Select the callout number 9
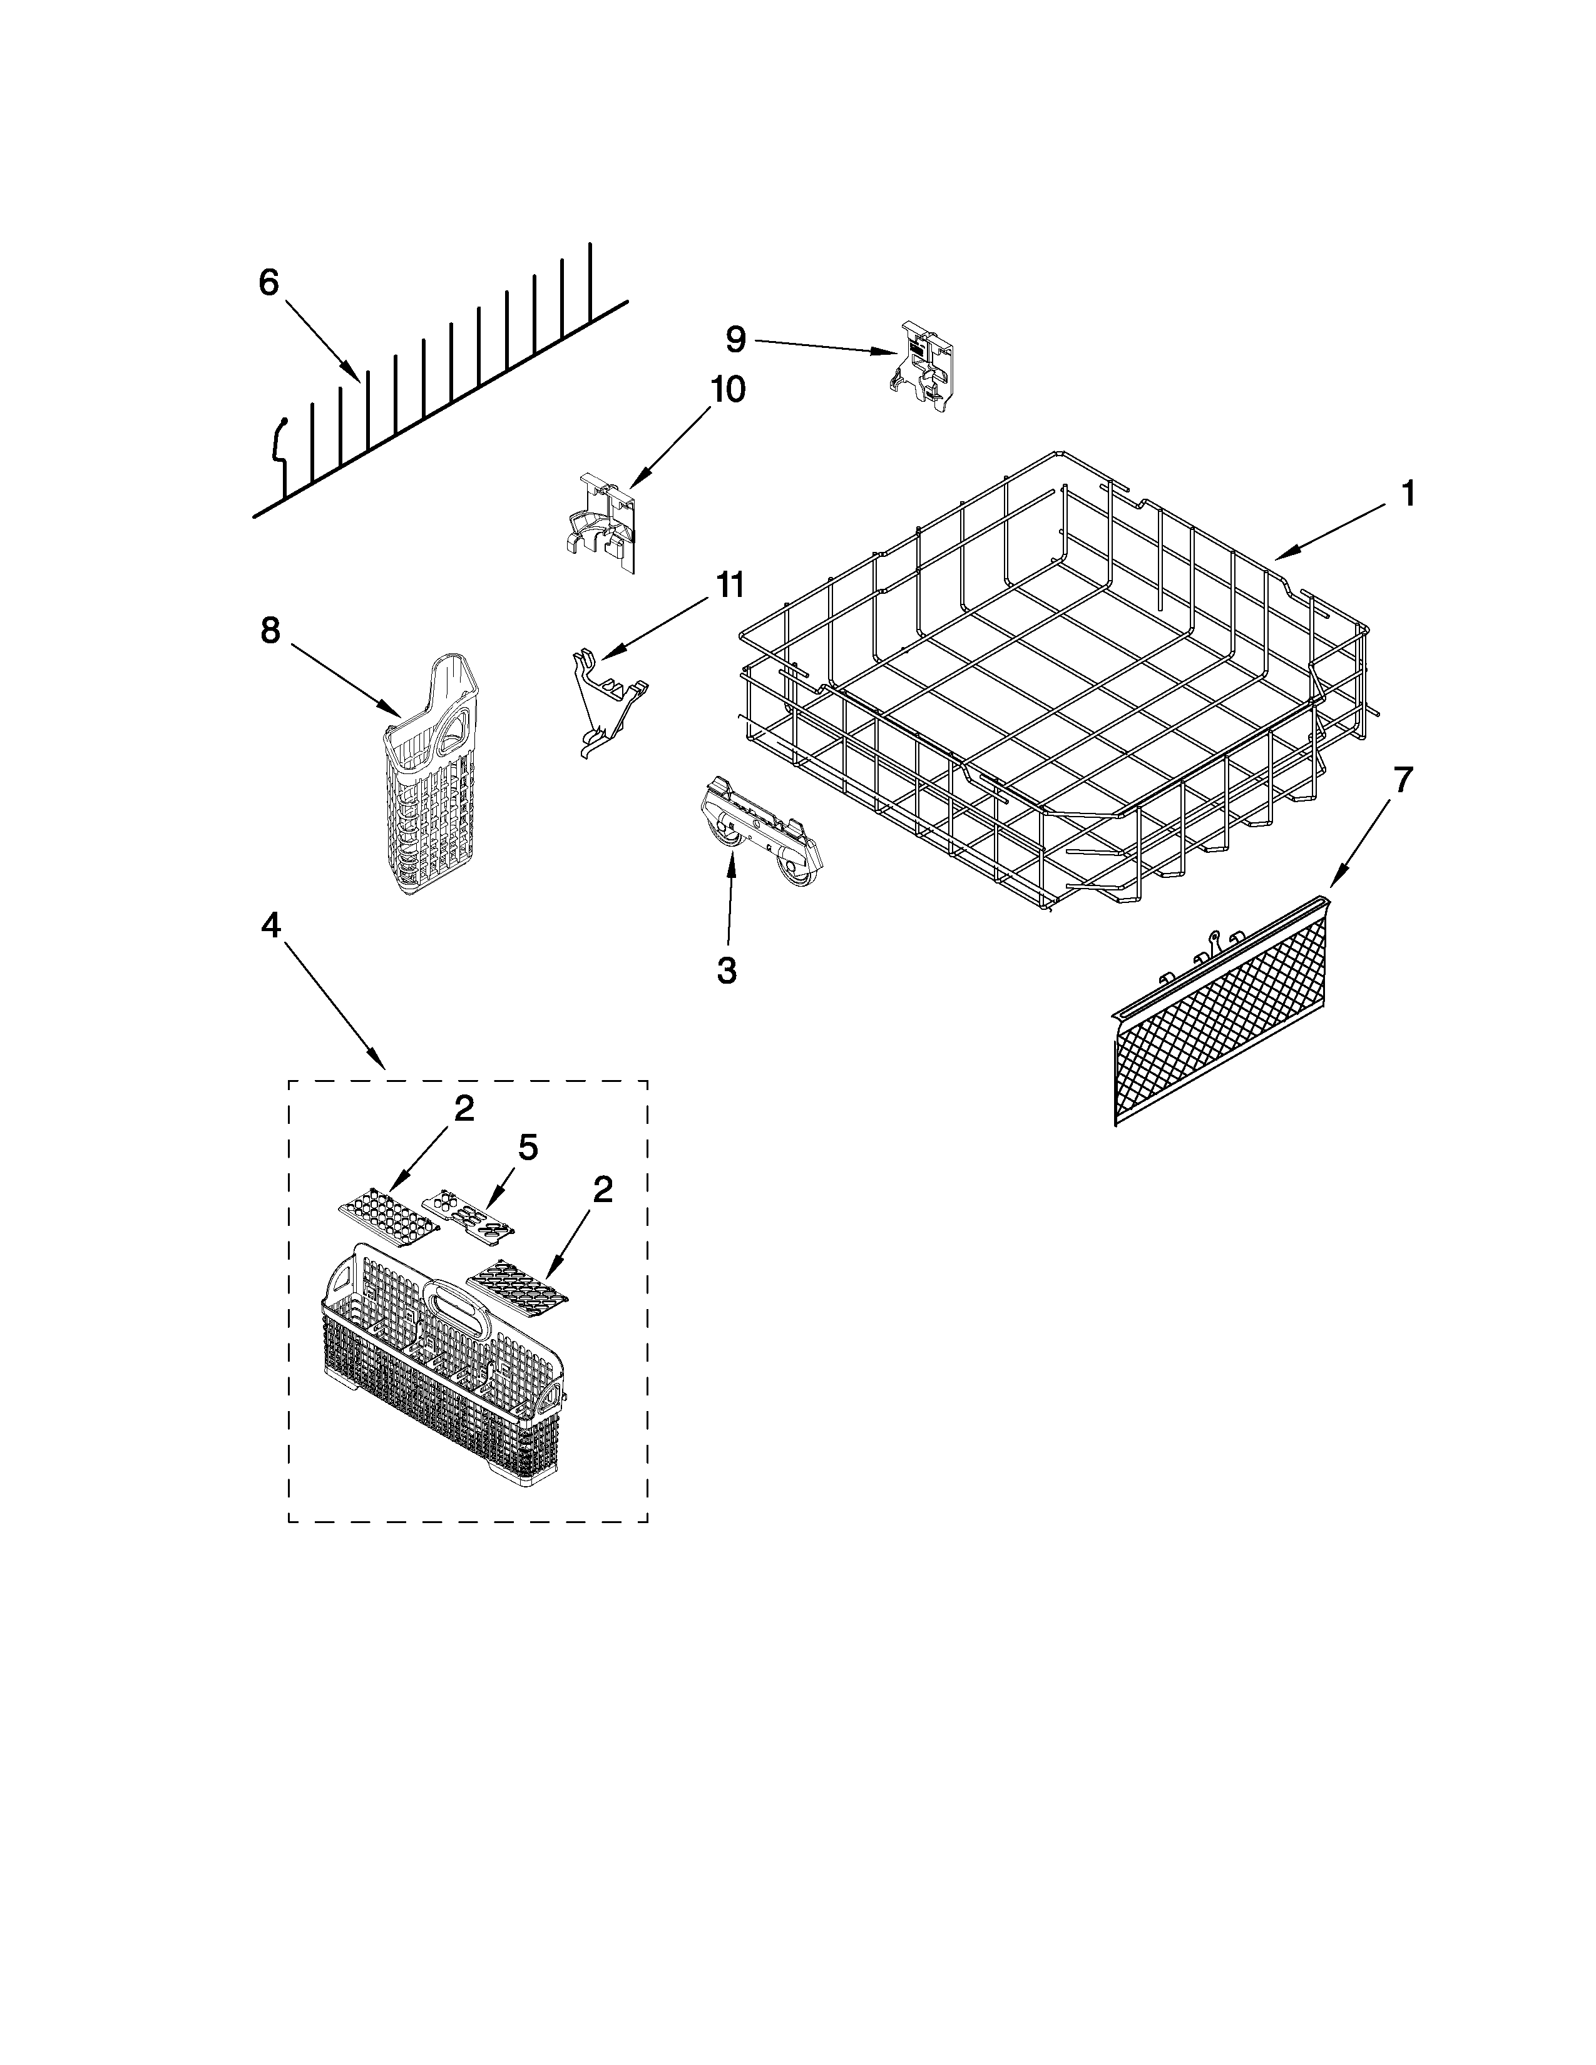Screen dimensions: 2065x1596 click(x=735, y=339)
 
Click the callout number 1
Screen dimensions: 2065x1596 click(x=1407, y=494)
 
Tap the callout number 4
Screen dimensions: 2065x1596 click(x=270, y=927)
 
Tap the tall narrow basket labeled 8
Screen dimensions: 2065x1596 click(x=426, y=775)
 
